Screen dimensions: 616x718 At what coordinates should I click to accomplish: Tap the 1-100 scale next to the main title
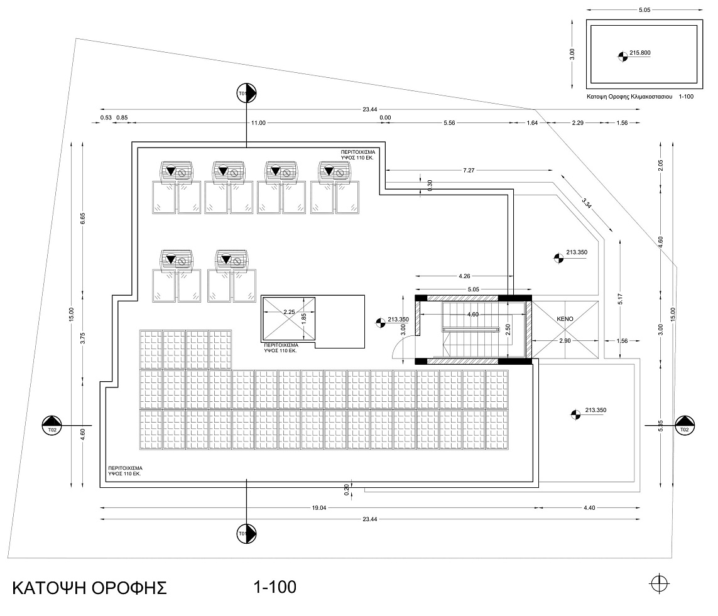(x=275, y=587)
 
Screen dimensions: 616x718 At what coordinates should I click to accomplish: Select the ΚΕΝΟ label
(x=565, y=319)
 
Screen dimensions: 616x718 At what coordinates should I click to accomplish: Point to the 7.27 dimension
(x=469, y=171)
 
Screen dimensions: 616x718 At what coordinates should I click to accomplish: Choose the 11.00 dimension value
(x=258, y=123)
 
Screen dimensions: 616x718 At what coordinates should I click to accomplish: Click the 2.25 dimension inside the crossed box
(x=289, y=312)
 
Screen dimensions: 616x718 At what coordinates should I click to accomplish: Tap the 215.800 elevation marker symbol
(x=623, y=57)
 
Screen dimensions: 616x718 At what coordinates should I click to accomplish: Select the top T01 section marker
(x=245, y=93)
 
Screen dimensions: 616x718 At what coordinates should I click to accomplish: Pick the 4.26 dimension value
(x=465, y=275)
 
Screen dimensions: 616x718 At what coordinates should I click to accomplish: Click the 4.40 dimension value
(x=589, y=508)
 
